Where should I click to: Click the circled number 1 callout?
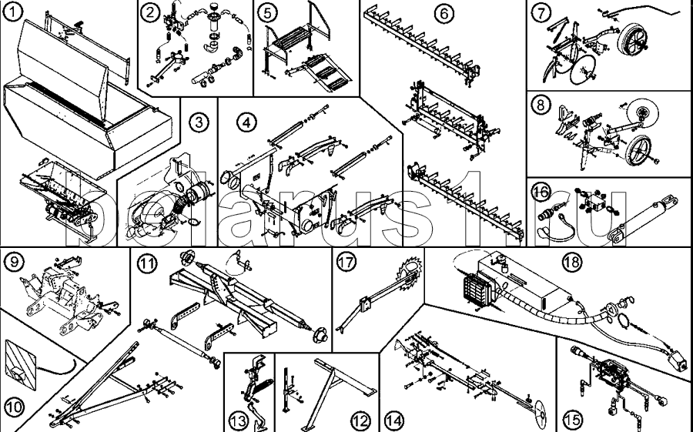pyautogui.click(x=13, y=12)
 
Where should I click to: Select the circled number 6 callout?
pyautogui.click(x=444, y=14)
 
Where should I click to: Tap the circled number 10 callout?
pyautogui.click(x=14, y=407)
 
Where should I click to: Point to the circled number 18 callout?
pyautogui.click(x=572, y=262)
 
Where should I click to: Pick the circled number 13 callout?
pyautogui.click(x=239, y=418)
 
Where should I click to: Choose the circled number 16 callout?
pyautogui.click(x=541, y=192)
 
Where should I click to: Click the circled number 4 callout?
pyautogui.click(x=246, y=122)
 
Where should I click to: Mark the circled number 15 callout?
pyautogui.click(x=572, y=418)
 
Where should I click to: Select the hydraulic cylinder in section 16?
pyautogui.click(x=643, y=219)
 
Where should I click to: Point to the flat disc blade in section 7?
pyautogui.click(x=582, y=70)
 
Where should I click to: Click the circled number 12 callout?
pyautogui.click(x=360, y=419)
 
